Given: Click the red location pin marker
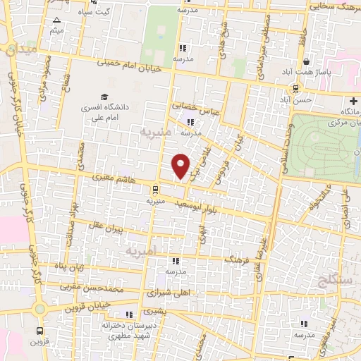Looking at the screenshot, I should [181, 166].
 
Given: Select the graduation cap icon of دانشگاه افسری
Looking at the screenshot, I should [104, 97].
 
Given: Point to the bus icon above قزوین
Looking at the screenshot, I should [39, 329].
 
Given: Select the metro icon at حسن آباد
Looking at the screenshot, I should [295, 89].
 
